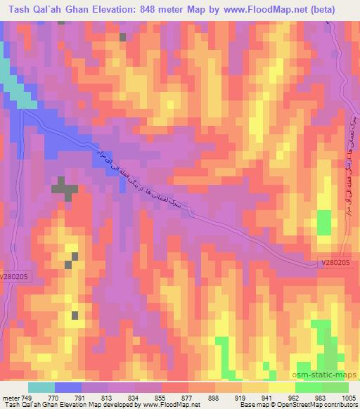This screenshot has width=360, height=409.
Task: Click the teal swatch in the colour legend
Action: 41,387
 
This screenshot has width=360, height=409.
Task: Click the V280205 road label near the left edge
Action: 15,277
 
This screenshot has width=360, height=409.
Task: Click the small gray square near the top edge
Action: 124,37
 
